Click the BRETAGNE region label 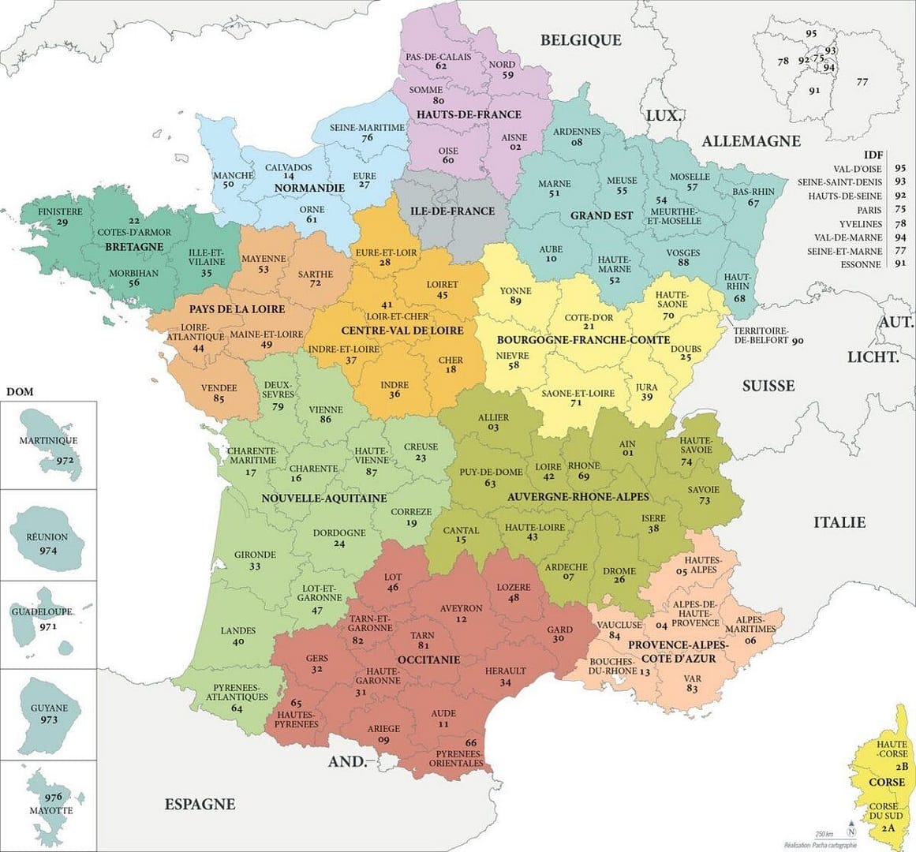coord(134,246)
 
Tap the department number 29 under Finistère coord(62,222)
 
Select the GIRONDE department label coord(255,555)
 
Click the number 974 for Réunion coord(48,550)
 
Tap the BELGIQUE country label coord(581,40)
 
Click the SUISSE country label coord(768,386)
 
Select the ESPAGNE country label coord(200,804)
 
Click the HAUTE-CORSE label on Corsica coord(886,749)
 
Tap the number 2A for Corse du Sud coord(887,828)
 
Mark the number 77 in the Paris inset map coord(862,82)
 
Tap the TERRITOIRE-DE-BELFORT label coord(762,335)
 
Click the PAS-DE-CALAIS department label coord(439,57)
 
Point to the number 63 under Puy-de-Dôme coord(490,483)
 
